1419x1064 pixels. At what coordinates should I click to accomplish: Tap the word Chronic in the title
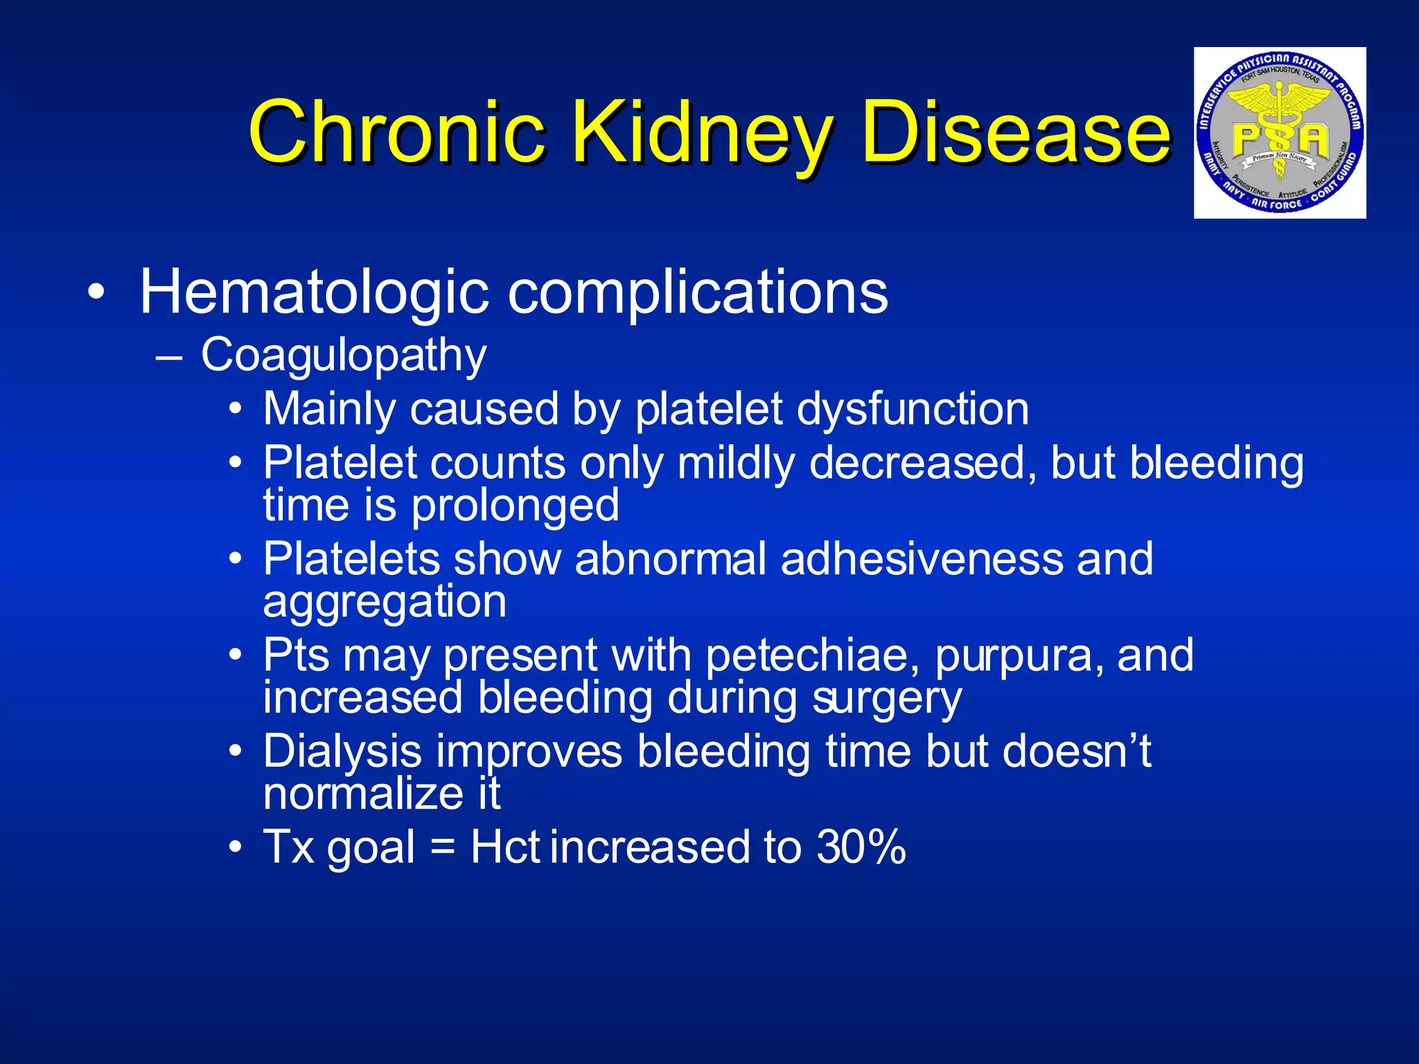[x=396, y=132]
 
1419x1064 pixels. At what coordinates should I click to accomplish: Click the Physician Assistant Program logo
[x=1280, y=133]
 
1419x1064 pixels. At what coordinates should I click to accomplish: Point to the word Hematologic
[x=315, y=292]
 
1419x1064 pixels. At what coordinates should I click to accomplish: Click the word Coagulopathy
[x=344, y=356]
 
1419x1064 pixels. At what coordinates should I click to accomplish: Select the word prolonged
[x=515, y=505]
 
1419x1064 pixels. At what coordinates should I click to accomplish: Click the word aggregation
[x=385, y=601]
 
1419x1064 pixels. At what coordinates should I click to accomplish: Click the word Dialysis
[x=342, y=752]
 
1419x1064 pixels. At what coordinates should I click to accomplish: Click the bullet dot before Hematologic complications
[x=97, y=293]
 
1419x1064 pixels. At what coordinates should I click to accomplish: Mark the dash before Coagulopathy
[x=170, y=357]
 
